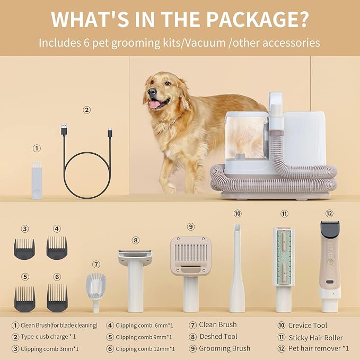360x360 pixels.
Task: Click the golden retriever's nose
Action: coord(152,91)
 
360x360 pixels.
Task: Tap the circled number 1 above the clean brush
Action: coord(37,149)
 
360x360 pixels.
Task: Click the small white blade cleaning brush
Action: coord(37,180)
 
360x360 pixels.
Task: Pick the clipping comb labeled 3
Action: coord(24,248)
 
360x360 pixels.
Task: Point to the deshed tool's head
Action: coord(135,258)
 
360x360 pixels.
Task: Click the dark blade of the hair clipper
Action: coord(330,230)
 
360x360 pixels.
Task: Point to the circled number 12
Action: coord(329,213)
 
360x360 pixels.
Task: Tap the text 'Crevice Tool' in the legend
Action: coord(308,325)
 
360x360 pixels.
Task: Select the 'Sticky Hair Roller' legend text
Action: coord(315,337)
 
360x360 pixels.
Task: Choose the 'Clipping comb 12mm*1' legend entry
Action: coord(145,348)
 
